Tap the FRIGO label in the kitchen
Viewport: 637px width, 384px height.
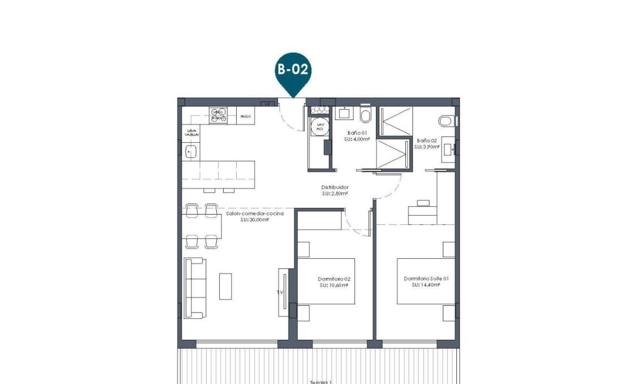tap(245, 116)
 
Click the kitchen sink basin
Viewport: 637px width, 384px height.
tap(191, 151)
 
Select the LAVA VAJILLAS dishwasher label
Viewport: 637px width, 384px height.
tap(192, 133)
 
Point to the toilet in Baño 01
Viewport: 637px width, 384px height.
tap(365, 116)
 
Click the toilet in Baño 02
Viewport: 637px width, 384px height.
tap(447, 121)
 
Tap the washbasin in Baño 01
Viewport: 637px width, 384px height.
tap(344, 113)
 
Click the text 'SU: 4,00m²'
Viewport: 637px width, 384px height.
tap(358, 139)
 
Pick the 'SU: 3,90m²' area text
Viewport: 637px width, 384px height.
tap(425, 147)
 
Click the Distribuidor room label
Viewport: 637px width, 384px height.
tap(335, 187)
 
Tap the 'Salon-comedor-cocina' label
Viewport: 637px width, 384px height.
tap(254, 214)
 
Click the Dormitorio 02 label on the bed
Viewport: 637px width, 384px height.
tap(334, 279)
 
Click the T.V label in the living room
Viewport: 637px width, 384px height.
tap(280, 292)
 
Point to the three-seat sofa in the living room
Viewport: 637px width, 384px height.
tap(195, 288)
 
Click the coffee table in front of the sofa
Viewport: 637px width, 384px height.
tap(225, 287)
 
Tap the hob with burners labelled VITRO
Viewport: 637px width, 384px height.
tap(218, 116)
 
